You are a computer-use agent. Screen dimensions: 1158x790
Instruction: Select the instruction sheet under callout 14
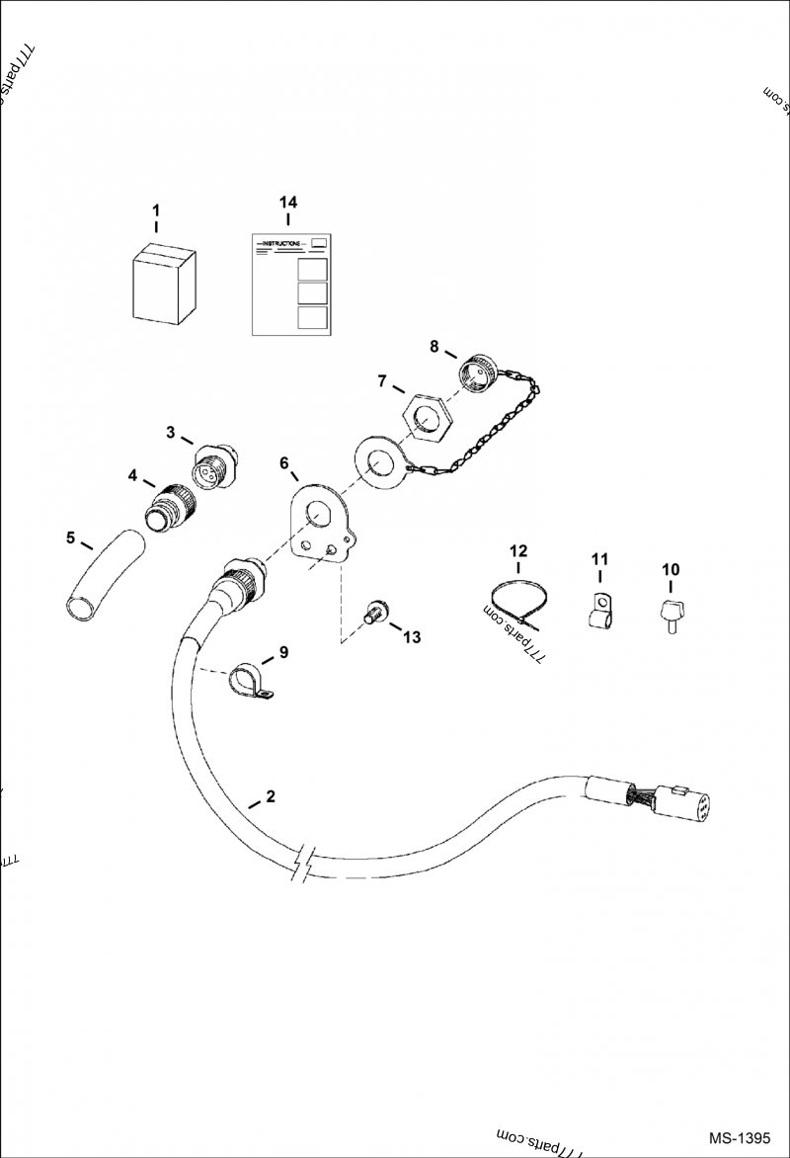click(288, 285)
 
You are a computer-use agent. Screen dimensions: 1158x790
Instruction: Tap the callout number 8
click(434, 346)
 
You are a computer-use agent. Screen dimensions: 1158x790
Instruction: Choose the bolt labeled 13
click(375, 614)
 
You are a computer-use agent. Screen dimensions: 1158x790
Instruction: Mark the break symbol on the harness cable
click(305, 862)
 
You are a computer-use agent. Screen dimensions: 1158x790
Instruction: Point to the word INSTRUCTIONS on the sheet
click(282, 243)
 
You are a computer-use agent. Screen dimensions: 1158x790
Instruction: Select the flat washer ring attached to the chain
click(377, 460)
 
